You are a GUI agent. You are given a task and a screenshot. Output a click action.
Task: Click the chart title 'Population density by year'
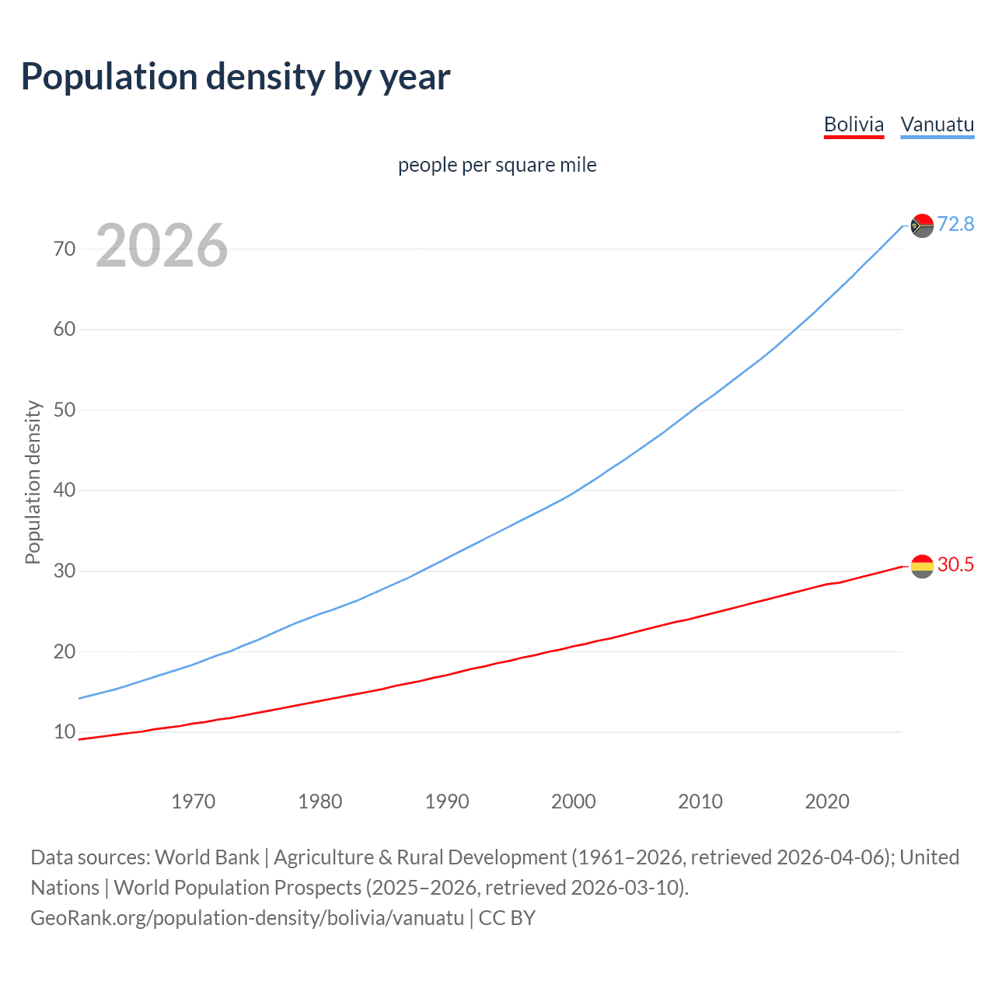[x=236, y=77]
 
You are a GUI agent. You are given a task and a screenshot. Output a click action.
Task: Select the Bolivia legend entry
[x=854, y=125]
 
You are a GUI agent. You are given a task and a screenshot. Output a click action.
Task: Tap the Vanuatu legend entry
[x=937, y=125]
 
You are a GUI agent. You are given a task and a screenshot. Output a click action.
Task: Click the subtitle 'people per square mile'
[x=497, y=166]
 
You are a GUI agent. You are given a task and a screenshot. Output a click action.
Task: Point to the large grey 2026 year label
[x=162, y=246]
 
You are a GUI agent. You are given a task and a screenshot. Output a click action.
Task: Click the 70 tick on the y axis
[x=65, y=249]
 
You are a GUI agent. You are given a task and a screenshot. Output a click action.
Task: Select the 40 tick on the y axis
[x=65, y=491]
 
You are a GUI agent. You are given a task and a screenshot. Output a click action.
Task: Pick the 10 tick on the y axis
[x=65, y=732]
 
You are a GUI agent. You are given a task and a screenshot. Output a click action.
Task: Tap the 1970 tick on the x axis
[x=193, y=801]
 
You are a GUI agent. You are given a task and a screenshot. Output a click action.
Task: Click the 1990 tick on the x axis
[x=446, y=801]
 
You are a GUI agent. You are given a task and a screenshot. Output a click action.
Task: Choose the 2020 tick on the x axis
[x=826, y=801]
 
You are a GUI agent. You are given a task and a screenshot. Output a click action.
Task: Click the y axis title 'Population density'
[x=33, y=482]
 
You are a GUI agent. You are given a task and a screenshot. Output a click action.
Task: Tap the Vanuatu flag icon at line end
[x=922, y=225]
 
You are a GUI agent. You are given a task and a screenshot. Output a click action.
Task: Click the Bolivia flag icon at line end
[x=922, y=566]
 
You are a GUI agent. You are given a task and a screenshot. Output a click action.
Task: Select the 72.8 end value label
[x=955, y=225]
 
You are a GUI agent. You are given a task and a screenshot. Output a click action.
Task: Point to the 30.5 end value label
[x=955, y=565]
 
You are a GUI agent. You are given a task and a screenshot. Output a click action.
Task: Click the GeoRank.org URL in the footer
[x=247, y=918]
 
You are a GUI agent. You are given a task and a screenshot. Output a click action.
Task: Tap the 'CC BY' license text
[x=507, y=918]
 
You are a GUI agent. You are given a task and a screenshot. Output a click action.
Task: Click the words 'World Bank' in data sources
[x=207, y=857]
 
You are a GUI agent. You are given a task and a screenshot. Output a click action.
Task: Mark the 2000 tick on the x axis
[x=573, y=801]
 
